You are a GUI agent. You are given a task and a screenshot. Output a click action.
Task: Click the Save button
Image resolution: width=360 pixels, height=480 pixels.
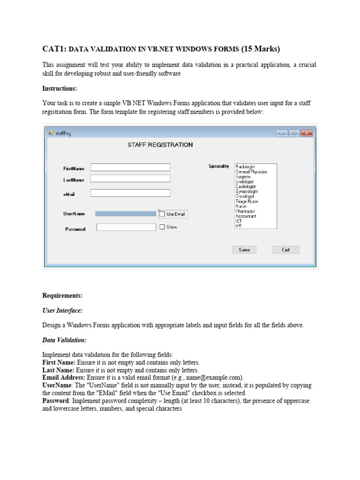[x=244, y=250]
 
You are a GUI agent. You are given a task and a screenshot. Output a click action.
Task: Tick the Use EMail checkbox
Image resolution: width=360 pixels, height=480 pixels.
[x=162, y=214]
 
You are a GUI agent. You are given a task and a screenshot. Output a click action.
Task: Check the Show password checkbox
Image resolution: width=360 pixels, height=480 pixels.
[x=162, y=227]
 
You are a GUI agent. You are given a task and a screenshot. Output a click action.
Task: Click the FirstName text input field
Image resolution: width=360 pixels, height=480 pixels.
[x=130, y=167]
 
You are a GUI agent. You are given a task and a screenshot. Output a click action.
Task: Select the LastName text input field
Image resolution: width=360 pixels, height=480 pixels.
[x=130, y=179]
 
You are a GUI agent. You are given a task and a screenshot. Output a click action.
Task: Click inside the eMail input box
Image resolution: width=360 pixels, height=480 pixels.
[x=130, y=193]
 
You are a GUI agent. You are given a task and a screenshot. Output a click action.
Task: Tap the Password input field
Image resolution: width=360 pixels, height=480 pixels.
[x=126, y=227]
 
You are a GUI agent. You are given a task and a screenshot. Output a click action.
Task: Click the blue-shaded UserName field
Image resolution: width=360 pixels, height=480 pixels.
[x=126, y=214]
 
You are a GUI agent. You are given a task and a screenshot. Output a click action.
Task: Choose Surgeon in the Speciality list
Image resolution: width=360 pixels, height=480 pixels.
[x=243, y=177]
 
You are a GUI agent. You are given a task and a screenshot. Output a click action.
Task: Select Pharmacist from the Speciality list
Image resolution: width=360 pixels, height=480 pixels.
[x=245, y=211]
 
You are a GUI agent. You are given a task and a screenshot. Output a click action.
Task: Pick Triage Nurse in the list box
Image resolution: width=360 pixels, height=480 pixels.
[x=247, y=202]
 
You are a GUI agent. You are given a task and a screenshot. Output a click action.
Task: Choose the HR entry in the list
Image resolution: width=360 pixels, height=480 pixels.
[x=239, y=226]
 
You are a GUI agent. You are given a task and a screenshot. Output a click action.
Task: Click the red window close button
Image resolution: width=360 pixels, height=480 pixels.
[x=307, y=133]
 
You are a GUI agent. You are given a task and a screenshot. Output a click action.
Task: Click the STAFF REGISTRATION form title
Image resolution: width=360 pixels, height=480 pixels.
[x=160, y=145]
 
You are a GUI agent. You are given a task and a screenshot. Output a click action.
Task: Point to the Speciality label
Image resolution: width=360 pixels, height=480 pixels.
[x=218, y=166]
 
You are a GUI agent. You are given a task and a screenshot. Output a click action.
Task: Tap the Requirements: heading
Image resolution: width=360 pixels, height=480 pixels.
[x=62, y=296]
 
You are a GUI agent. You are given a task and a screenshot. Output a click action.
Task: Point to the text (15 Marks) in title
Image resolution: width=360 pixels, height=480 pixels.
[x=261, y=49]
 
